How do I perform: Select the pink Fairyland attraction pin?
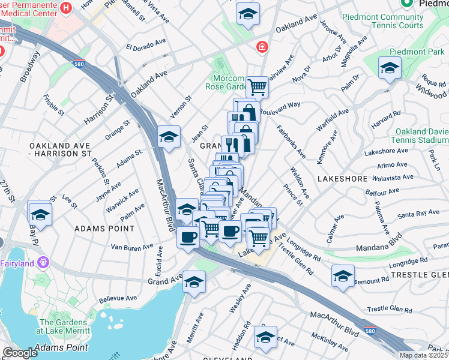41,262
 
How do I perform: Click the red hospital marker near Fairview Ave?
262,47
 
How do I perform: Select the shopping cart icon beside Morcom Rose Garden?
257,87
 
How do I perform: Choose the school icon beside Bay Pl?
40,214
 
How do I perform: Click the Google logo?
20,353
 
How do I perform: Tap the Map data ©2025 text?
423,355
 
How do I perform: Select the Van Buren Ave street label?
132,247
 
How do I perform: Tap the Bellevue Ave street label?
119,298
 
